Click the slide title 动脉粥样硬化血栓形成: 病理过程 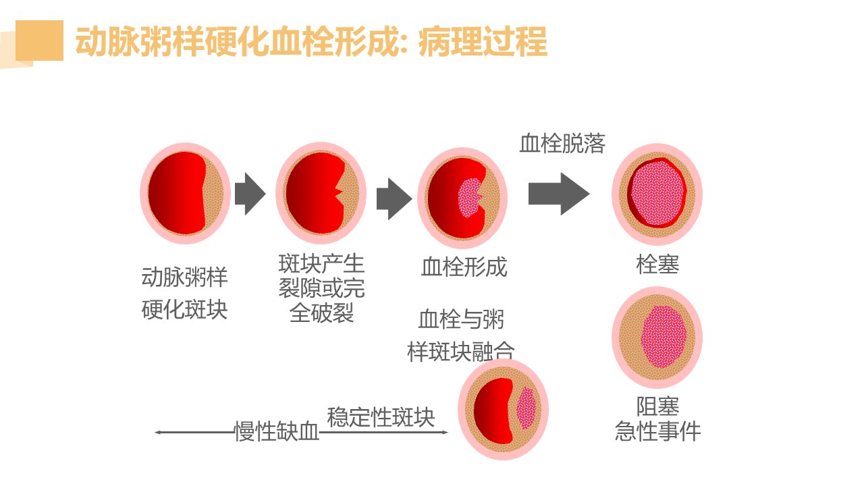click(x=311, y=42)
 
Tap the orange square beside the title click(x=39, y=40)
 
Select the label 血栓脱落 click(x=562, y=143)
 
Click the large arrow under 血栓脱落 click(x=558, y=194)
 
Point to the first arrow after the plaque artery click(x=250, y=194)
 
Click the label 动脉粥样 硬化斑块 click(x=184, y=294)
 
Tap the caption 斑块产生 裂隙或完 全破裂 click(x=321, y=288)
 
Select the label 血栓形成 click(x=464, y=267)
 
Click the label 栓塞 click(x=657, y=264)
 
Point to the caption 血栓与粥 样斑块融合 click(x=461, y=335)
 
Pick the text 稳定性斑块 click(x=381, y=417)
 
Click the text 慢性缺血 click(x=276, y=432)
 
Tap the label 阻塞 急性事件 click(x=657, y=418)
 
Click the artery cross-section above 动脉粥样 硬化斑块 click(x=185, y=194)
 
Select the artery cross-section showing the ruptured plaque click(x=321, y=194)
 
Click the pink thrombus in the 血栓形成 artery click(x=468, y=197)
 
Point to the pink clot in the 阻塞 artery click(x=663, y=336)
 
